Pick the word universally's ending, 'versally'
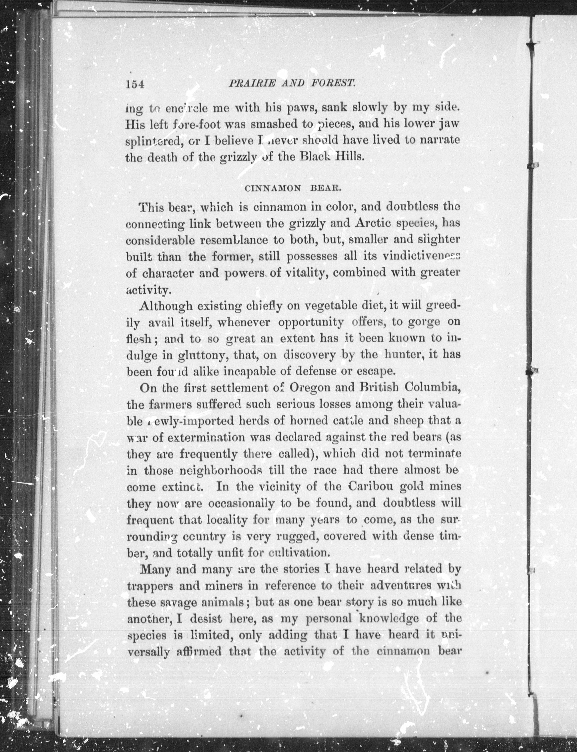tap(148, 652)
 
